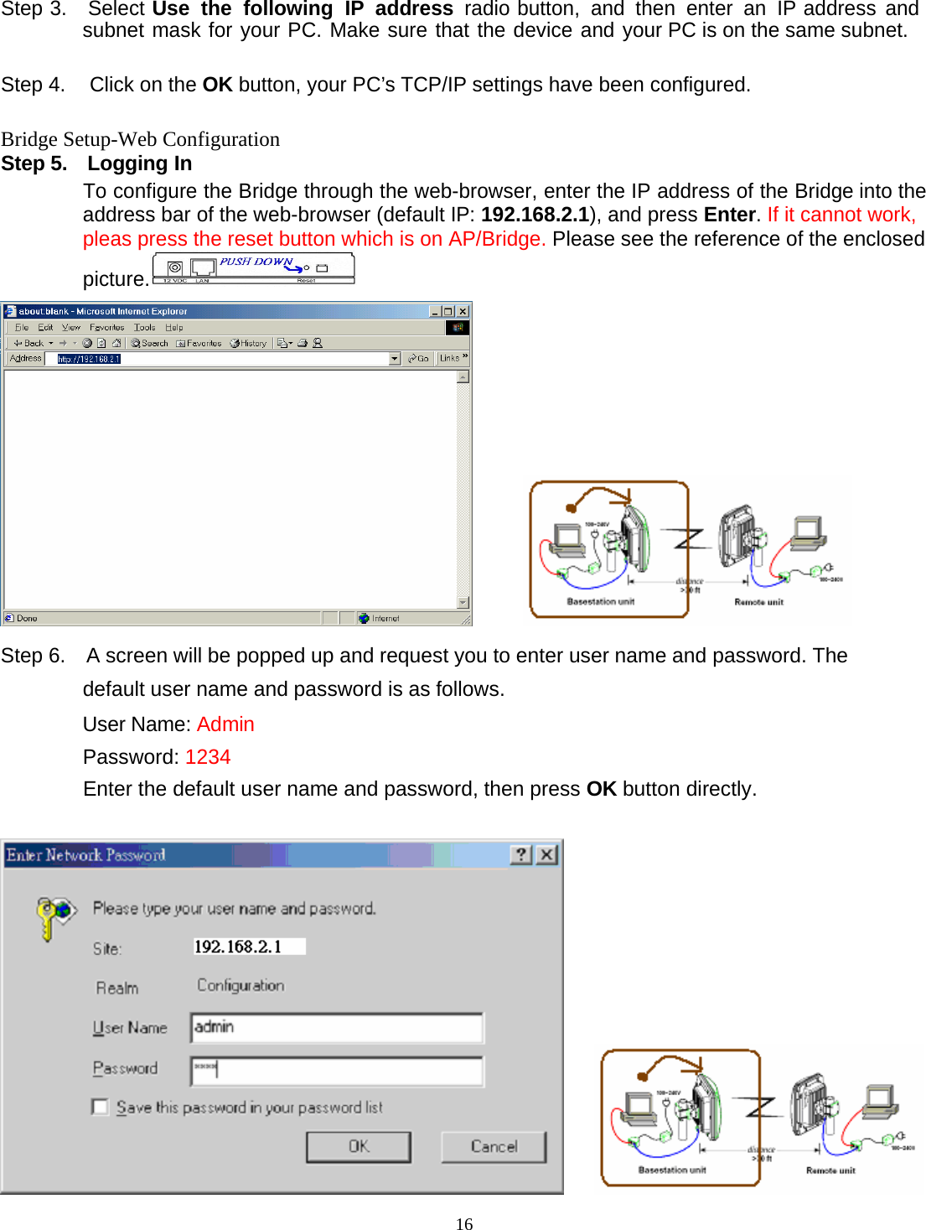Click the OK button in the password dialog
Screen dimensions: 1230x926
click(359, 1147)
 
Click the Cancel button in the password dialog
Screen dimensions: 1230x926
click(494, 1147)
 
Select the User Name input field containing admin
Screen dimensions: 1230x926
click(337, 1028)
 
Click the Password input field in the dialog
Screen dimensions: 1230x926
click(337, 1071)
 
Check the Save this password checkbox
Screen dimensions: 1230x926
click(101, 1108)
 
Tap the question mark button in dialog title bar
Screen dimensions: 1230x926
click(521, 854)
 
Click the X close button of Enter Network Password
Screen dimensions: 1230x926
click(546, 854)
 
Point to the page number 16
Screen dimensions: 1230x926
click(464, 1223)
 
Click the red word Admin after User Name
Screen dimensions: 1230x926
click(225, 724)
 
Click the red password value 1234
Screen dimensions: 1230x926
click(208, 757)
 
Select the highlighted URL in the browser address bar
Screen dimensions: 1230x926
click(89, 359)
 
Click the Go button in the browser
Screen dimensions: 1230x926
click(418, 359)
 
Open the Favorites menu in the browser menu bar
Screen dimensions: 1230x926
click(106, 328)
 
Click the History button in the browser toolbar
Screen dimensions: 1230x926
click(249, 343)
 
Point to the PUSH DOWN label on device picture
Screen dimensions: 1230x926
click(256, 262)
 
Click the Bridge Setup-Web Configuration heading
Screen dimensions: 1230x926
click(141, 139)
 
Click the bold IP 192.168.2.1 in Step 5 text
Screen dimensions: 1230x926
click(535, 215)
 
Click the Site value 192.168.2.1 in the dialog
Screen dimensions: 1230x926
click(239, 947)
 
